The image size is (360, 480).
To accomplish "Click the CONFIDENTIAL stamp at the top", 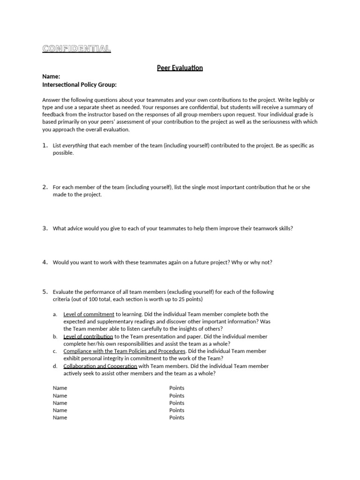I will pyautogui.click(x=76, y=48).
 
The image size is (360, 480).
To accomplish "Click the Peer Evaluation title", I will pyautogui.click(x=180, y=68).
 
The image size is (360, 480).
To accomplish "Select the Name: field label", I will pyautogui.click(x=52, y=76).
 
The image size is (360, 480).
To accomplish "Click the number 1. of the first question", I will pyautogui.click(x=45, y=145).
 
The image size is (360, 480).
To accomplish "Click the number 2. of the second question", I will pyautogui.click(x=45, y=187).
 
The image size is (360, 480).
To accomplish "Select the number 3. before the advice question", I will pyautogui.click(x=45, y=228).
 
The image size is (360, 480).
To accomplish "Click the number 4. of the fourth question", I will pyautogui.click(x=45, y=262).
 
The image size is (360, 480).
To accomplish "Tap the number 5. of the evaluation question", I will pyautogui.click(x=45, y=292).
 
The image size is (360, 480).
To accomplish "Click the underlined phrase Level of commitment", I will pyautogui.click(x=89, y=314).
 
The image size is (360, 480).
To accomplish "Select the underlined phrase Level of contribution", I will pyautogui.click(x=88, y=337).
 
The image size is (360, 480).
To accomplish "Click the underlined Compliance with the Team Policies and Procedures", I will pyautogui.click(x=124, y=351).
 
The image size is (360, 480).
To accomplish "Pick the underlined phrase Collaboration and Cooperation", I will pyautogui.click(x=100, y=366).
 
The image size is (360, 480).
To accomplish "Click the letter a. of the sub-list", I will pyautogui.click(x=55, y=314).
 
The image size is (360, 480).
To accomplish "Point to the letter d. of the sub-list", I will pyautogui.click(x=55, y=366).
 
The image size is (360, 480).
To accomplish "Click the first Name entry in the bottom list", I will pyautogui.click(x=60, y=388).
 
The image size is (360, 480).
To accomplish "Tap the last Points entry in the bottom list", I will pyautogui.click(x=177, y=418).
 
